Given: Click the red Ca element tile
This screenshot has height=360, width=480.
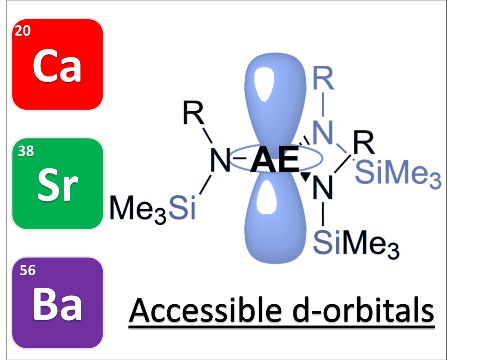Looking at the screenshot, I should (57, 65).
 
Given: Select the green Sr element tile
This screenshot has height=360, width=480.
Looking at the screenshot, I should (57, 184).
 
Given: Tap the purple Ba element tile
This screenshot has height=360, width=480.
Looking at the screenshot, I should (57, 303).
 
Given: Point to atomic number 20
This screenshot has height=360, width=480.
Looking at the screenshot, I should (22, 31).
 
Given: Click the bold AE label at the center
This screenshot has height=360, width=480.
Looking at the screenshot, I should (275, 162).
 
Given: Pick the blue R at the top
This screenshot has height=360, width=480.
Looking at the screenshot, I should (323, 81).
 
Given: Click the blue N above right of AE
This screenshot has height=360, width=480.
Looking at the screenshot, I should (322, 134).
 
